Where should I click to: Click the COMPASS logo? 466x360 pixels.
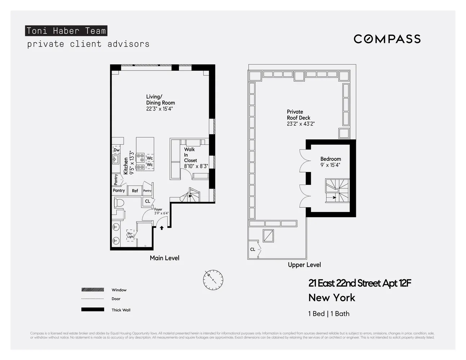click(x=387, y=39)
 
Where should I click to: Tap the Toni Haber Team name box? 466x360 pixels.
click(x=66, y=31)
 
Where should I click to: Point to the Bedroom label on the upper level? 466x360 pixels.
click(x=331, y=159)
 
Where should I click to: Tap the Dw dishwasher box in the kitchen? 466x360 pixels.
click(x=116, y=150)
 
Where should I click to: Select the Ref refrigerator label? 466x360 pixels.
click(x=135, y=191)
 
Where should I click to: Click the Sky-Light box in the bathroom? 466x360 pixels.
click(x=130, y=235)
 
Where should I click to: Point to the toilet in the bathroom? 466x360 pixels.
click(x=118, y=203)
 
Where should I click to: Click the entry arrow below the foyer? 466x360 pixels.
click(x=162, y=228)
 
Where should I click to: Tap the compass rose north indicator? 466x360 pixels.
click(x=213, y=280)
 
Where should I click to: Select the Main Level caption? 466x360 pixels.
click(x=164, y=258)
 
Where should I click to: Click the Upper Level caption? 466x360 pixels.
click(x=304, y=265)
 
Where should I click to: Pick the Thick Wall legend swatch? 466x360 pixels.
click(x=93, y=310)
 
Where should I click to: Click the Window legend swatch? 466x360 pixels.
click(x=93, y=290)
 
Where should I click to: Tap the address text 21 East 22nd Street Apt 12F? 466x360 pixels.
click(x=359, y=283)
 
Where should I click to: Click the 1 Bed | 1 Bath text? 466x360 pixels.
click(x=328, y=314)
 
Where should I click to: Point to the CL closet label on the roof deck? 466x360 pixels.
click(x=252, y=249)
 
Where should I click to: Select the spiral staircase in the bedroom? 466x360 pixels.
click(x=337, y=190)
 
